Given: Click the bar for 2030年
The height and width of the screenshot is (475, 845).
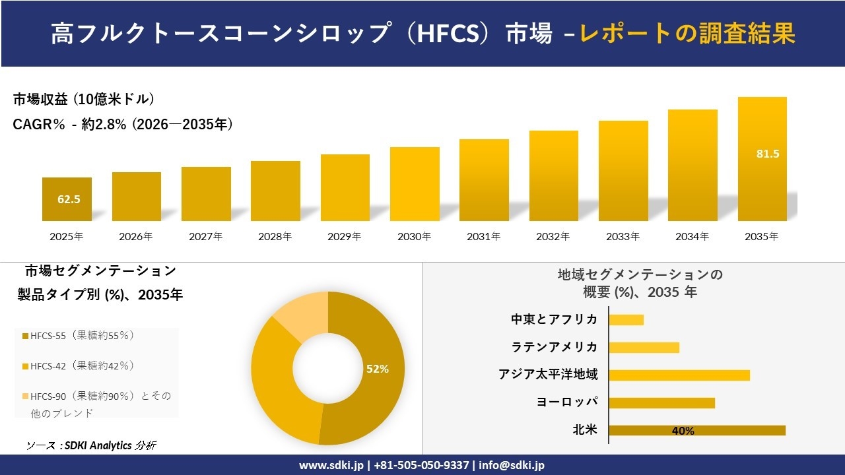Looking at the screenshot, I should (x=415, y=184).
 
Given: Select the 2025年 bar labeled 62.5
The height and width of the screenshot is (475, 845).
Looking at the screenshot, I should (x=67, y=199).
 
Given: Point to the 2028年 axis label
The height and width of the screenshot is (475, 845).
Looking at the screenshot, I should (x=275, y=236).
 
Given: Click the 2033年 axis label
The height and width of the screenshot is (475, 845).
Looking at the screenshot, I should (x=623, y=236).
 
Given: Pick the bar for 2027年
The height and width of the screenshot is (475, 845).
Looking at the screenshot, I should (x=206, y=193).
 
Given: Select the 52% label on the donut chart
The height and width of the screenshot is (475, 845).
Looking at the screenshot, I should (x=378, y=369).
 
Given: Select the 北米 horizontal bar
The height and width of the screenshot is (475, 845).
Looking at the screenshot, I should (x=696, y=430).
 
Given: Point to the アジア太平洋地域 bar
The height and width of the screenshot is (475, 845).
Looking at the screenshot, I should (x=679, y=375).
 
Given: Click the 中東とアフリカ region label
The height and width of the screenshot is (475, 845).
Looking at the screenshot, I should (x=554, y=319).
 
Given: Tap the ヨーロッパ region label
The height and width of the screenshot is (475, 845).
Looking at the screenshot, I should (x=567, y=402).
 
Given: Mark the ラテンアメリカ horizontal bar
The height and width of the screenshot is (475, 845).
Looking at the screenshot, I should (x=644, y=347).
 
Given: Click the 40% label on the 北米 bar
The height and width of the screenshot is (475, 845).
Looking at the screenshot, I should (x=683, y=431).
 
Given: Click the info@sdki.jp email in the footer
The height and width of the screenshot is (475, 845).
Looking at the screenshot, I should (x=512, y=465).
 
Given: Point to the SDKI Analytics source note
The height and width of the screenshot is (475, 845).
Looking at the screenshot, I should (x=92, y=445).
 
